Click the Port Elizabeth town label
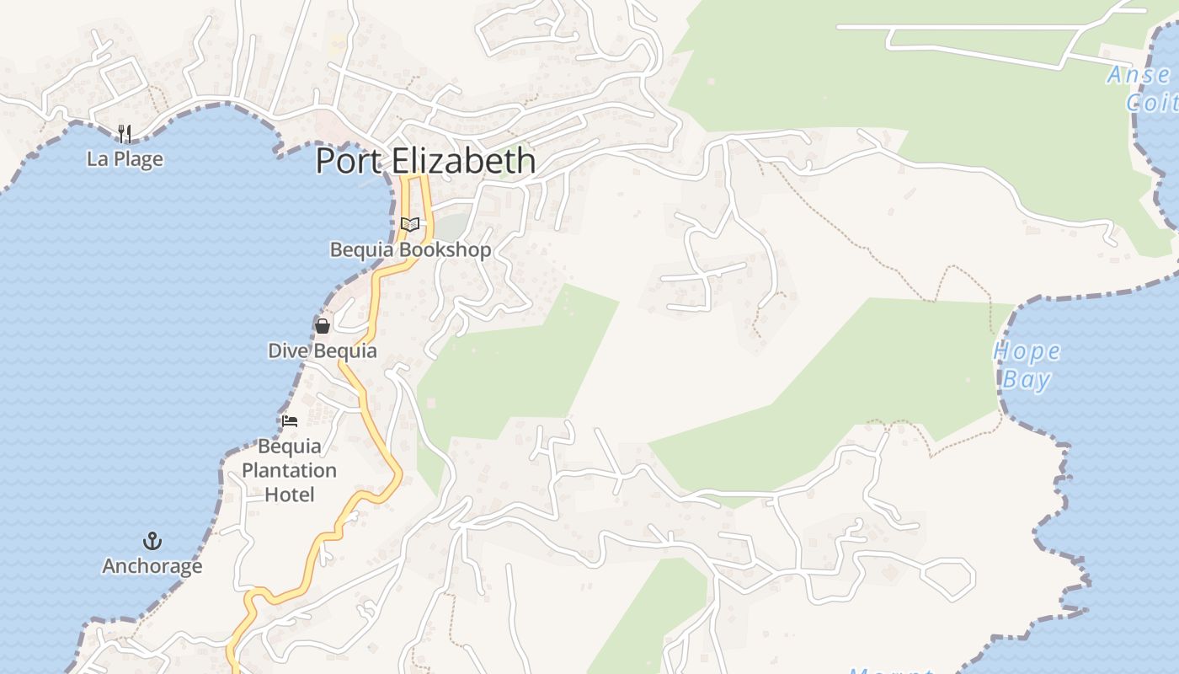425,160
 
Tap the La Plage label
125,158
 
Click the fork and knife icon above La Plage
125,133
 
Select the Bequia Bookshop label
410,249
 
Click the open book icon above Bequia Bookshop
410,224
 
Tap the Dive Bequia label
322,350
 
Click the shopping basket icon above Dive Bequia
322,325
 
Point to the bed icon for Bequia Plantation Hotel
290,420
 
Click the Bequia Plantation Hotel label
289,470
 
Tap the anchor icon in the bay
152,540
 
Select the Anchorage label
152,565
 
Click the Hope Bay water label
1027,364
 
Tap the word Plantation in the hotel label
289,470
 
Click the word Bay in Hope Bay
1027,379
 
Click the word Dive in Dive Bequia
284,350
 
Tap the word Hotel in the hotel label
289,494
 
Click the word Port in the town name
347,160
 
